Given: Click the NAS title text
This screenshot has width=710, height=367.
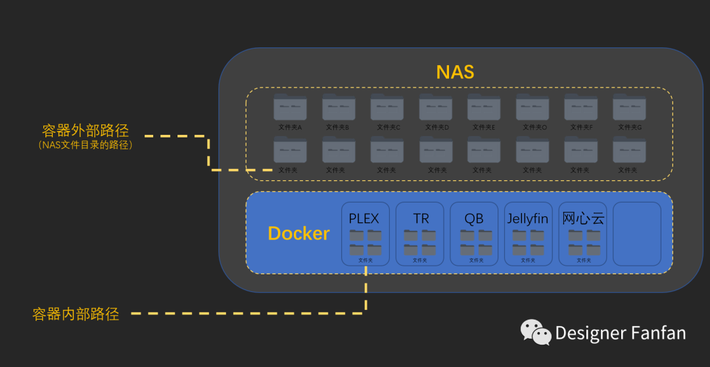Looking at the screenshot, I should [455, 72].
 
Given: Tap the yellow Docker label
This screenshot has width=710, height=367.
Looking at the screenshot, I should [298, 233].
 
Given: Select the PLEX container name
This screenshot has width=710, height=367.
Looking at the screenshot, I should [364, 218].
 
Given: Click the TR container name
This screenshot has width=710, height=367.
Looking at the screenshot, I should [421, 218].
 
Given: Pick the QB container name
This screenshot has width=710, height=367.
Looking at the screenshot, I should [474, 218].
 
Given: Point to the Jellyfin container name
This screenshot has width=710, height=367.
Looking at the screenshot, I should [528, 218].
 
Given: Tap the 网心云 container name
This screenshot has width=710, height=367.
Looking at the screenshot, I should [583, 218].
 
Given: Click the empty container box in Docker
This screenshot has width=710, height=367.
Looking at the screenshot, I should [636, 233].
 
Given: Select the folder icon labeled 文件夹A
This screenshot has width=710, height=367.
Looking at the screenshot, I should [290, 107].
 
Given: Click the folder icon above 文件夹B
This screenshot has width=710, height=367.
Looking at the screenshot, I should [339, 107].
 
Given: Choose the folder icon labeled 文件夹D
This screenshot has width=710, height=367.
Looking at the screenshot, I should [436, 107].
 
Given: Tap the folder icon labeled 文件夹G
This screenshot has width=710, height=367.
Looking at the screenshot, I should [629, 107].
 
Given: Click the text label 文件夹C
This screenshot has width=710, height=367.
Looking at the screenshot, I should [388, 127].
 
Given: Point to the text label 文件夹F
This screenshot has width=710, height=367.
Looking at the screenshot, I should [581, 127].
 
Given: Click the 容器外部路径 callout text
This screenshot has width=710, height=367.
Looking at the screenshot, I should [85, 130].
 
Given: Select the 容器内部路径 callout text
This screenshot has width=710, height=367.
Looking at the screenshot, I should [76, 314].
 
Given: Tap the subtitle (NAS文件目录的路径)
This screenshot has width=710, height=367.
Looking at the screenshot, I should [85, 145].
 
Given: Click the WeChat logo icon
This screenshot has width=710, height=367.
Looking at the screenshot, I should [536, 332].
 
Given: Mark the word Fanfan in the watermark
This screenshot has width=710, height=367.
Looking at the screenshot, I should [655, 333].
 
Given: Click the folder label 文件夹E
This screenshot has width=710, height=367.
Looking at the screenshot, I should [485, 127].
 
